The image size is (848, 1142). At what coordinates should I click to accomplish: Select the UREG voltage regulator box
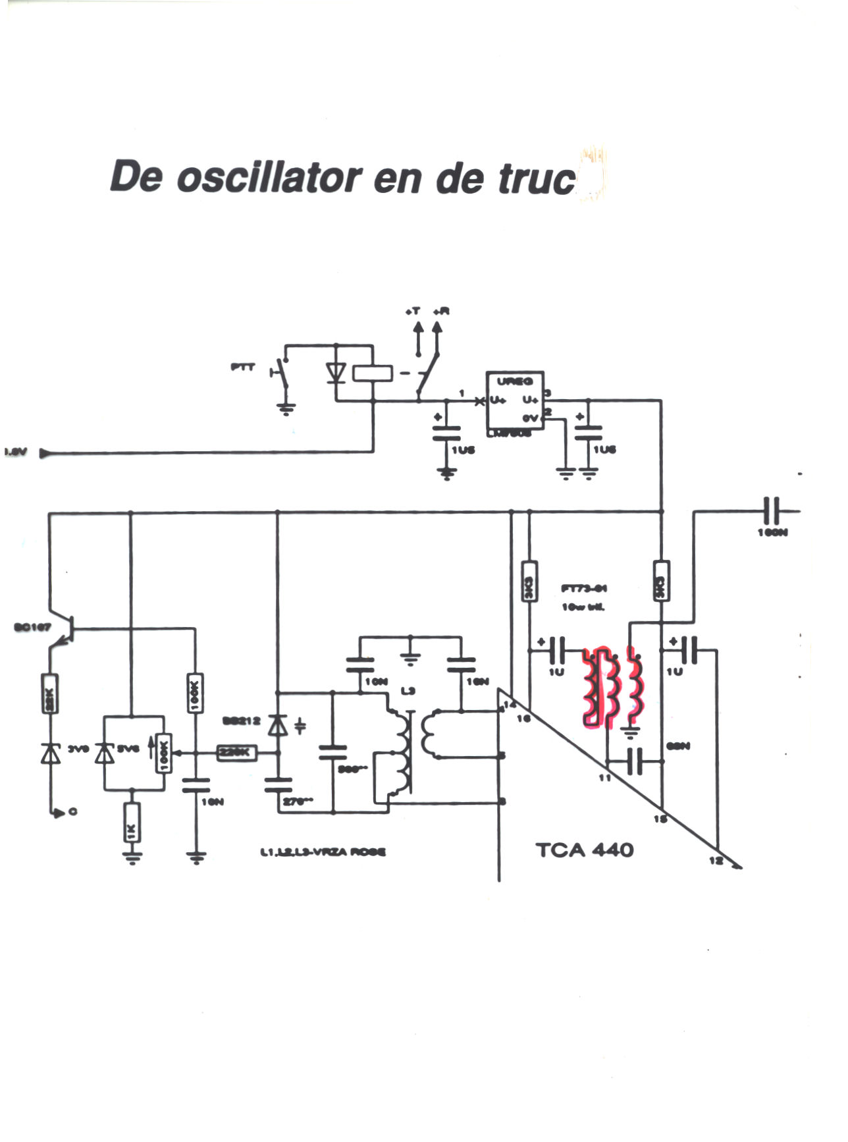point(515,401)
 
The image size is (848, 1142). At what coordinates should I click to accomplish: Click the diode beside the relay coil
point(337,373)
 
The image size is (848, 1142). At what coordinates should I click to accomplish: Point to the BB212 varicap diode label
point(241,722)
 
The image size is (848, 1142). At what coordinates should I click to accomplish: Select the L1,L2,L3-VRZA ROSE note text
point(323,852)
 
